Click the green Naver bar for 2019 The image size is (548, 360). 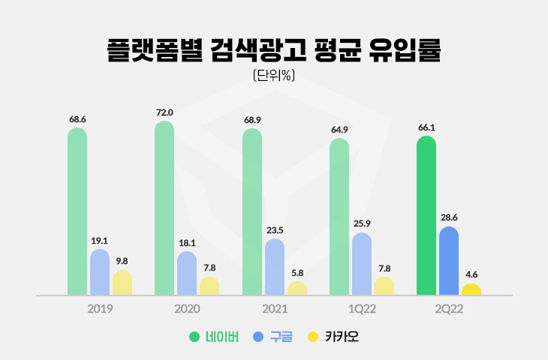[77, 211]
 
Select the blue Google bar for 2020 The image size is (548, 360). [187, 273]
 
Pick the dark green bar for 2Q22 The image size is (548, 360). [426, 215]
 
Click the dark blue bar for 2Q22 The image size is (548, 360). [448, 261]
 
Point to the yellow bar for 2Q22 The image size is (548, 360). [471, 289]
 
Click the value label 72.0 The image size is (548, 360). [164, 112]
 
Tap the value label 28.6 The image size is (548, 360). [448, 217]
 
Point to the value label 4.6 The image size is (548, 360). [471, 274]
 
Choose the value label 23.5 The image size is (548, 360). [274, 230]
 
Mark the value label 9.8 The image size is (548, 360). [122, 262]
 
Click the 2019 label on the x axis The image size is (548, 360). [100, 309]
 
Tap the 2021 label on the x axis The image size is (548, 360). [274, 309]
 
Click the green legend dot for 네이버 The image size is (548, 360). [194, 337]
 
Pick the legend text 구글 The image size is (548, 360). [280, 337]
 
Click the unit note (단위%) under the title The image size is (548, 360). [273, 75]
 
